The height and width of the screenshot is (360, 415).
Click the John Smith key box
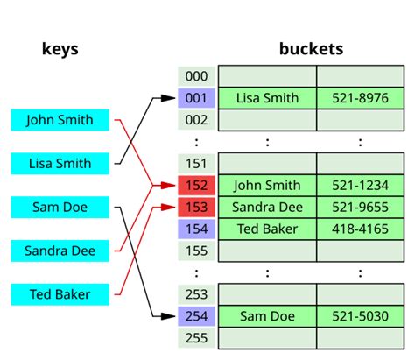click(60, 120)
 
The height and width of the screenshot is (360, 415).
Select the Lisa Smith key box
click(60, 164)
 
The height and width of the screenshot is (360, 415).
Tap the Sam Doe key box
click(60, 208)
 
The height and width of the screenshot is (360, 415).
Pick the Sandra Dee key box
click(60, 251)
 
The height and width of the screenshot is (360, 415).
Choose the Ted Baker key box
click(60, 294)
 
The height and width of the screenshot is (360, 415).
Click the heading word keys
click(60, 48)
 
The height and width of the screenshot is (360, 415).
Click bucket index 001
click(196, 98)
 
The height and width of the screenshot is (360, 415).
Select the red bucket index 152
click(196, 185)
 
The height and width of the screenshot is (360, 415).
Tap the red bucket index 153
click(196, 207)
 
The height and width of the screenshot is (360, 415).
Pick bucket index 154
click(196, 229)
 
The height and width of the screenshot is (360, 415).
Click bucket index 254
click(196, 315)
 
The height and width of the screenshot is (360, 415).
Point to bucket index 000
click(196, 76)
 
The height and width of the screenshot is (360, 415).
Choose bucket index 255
click(196, 336)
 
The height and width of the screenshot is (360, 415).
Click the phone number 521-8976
click(359, 98)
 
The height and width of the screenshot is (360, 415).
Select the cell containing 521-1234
click(359, 185)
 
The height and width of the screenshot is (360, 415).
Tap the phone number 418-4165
click(359, 229)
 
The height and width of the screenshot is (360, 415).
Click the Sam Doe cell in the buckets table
click(267, 315)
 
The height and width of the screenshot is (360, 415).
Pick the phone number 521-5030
click(359, 315)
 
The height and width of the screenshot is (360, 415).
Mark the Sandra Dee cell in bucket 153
click(267, 207)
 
